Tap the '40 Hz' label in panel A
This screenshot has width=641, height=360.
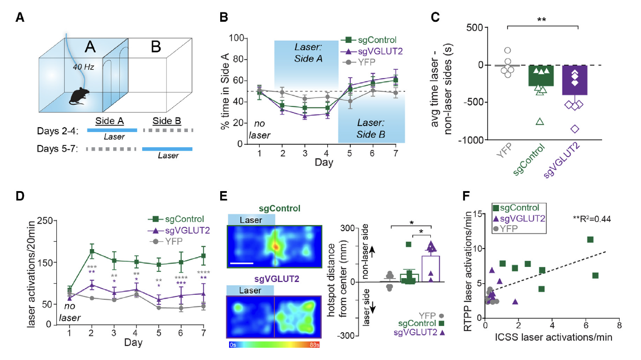(82, 67)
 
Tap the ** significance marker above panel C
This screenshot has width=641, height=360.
(541, 20)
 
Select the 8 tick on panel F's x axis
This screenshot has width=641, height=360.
(619, 325)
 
